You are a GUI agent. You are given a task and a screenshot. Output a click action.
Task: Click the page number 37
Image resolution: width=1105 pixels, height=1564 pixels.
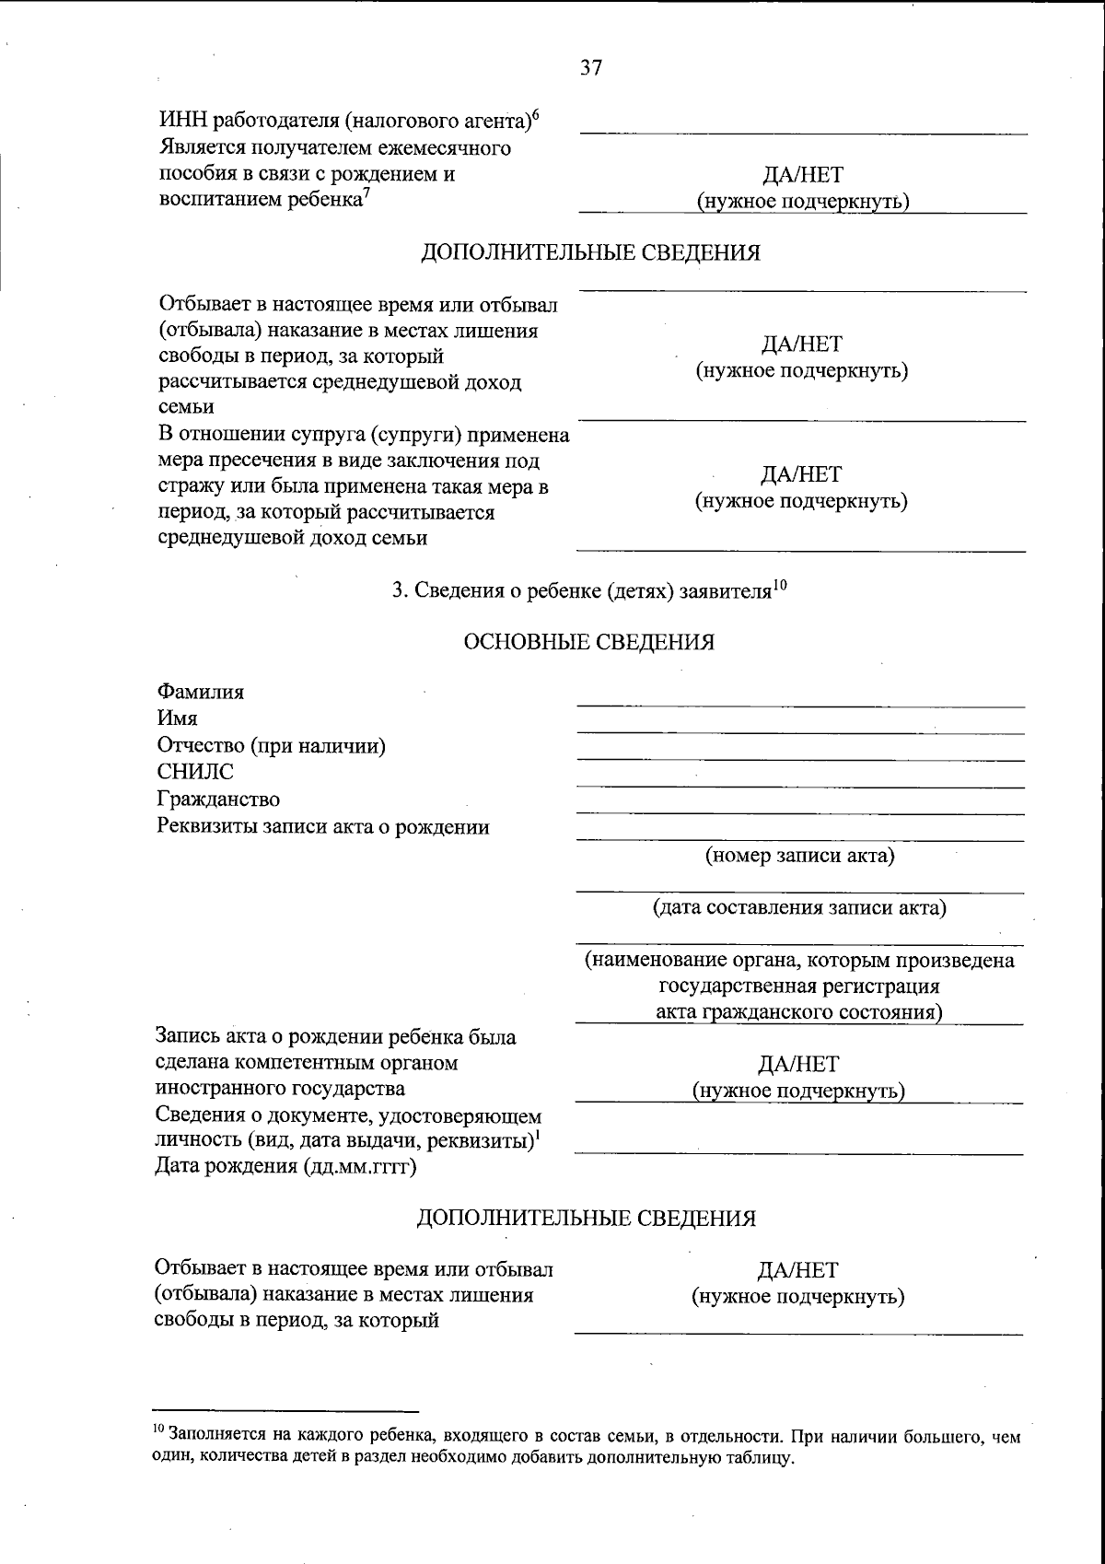click(x=591, y=67)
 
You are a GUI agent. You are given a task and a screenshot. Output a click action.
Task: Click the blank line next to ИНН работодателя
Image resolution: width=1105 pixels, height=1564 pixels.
click(x=803, y=129)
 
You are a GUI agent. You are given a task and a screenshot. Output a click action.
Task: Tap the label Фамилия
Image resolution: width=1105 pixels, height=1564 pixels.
click(x=201, y=692)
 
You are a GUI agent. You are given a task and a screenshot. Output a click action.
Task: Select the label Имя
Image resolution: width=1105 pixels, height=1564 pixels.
click(x=177, y=718)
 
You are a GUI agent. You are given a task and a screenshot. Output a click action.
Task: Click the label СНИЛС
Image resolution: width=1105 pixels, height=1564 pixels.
click(x=195, y=772)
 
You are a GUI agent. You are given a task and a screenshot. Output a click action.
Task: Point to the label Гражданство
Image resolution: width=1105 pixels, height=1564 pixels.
click(x=218, y=799)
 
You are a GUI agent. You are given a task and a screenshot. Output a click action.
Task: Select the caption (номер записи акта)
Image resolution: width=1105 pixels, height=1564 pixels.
click(x=799, y=856)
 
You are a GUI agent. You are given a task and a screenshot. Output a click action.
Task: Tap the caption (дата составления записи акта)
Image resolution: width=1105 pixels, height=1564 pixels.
click(x=799, y=908)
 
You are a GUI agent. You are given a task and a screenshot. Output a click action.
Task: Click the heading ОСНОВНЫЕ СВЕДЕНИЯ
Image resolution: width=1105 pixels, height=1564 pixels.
click(x=589, y=642)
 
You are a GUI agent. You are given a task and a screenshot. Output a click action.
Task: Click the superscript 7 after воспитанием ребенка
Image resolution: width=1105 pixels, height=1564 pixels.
click(x=366, y=193)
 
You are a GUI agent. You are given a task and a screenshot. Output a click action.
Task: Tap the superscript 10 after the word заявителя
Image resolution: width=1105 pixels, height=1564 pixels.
click(x=779, y=583)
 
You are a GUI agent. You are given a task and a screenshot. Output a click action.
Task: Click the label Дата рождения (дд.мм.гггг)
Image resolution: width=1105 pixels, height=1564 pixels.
click(x=285, y=1167)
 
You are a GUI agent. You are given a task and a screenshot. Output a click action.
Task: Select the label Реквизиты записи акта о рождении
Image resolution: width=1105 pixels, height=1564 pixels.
click(x=323, y=826)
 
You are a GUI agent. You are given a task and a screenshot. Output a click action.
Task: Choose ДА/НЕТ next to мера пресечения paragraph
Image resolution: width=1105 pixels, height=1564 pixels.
click(x=800, y=474)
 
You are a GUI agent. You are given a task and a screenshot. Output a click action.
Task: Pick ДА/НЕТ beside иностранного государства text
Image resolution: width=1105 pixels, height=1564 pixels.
click(x=798, y=1065)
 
